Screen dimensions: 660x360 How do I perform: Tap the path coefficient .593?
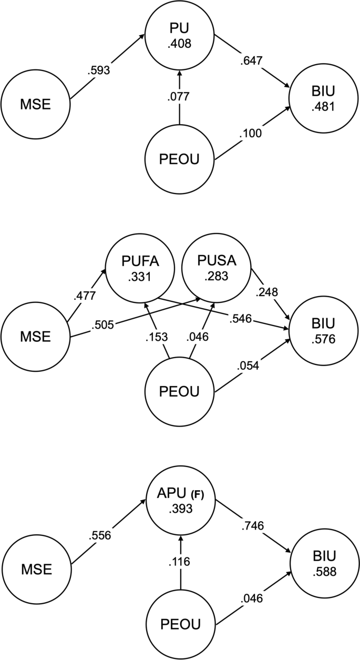pos(99,70)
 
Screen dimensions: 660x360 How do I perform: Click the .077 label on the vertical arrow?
pos(180,97)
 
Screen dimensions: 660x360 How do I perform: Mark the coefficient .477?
pos(86,296)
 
